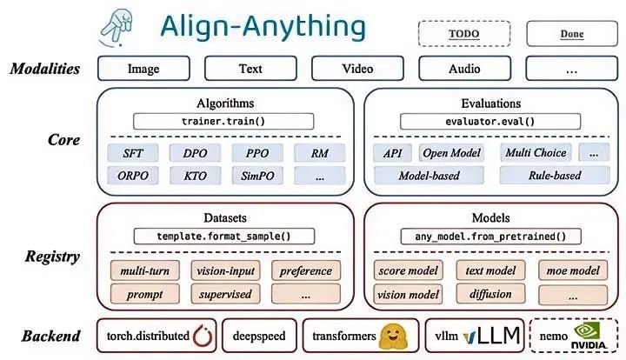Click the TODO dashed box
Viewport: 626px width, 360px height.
(464, 34)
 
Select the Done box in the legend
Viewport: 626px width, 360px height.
(572, 34)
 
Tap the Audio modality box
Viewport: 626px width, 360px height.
(464, 69)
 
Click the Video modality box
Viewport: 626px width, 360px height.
(357, 69)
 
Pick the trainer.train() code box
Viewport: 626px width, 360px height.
(223, 122)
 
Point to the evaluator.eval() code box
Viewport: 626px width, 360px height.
(490, 122)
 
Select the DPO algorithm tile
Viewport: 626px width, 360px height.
(195, 153)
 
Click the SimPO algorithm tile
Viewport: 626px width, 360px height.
(257, 176)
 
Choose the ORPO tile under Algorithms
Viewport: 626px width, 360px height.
(133, 176)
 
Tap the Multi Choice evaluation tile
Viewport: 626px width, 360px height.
(536, 152)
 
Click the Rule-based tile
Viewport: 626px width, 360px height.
(555, 175)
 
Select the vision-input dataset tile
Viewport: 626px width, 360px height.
(225, 271)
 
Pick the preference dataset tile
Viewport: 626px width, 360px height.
(306, 271)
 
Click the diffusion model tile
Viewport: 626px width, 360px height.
(490, 294)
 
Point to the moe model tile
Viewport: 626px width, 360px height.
(573, 271)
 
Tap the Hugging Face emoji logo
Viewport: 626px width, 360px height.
(393, 336)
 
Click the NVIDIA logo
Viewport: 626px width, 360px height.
(589, 336)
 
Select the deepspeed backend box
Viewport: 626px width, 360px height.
(259, 336)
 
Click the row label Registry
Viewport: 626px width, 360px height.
(52, 257)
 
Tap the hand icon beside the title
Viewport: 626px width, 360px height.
(117, 27)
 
